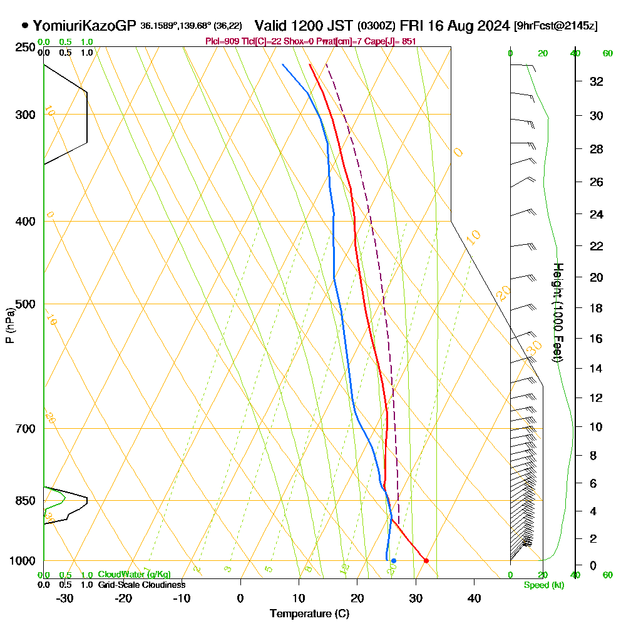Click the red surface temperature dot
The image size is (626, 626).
426,560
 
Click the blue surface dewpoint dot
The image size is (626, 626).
393,560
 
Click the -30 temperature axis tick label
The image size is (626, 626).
64,598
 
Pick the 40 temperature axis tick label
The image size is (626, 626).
474,598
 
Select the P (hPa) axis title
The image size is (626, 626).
9,326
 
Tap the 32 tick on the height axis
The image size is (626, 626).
597,81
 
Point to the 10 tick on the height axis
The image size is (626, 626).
597,427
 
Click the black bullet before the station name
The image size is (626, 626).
24,26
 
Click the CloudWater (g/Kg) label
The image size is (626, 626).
134,575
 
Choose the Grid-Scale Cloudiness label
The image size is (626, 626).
141,585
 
